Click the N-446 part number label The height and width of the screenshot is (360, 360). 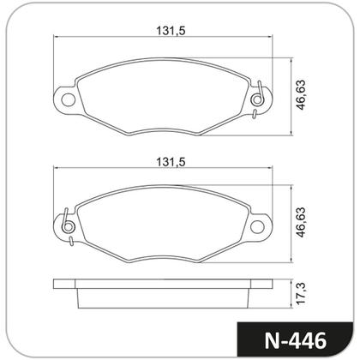pos(296,338)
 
